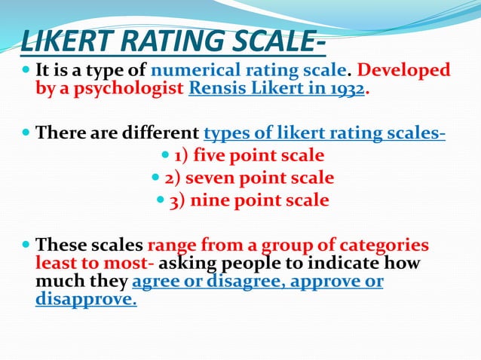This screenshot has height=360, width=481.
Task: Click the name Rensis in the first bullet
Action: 213,89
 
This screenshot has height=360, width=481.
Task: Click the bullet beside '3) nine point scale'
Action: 161,201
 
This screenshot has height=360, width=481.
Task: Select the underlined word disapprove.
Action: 86,300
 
